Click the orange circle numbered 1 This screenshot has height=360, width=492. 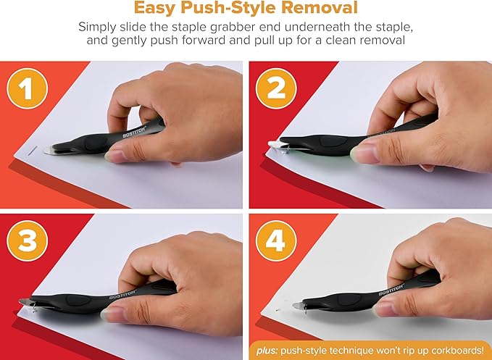[x=28, y=88]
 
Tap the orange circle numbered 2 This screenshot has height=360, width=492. [x=276, y=88]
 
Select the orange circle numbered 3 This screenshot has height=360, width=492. [x=28, y=240]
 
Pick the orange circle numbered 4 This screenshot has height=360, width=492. [x=276, y=240]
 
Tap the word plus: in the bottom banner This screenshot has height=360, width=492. [x=267, y=351]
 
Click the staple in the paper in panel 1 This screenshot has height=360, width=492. [x=33, y=151]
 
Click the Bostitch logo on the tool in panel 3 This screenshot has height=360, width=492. [x=122, y=295]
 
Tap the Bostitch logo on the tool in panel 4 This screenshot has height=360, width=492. [x=391, y=290]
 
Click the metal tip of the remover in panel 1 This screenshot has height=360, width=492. [x=49, y=150]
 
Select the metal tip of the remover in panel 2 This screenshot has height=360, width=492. [x=275, y=144]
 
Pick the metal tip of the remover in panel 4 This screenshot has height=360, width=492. [x=298, y=305]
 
